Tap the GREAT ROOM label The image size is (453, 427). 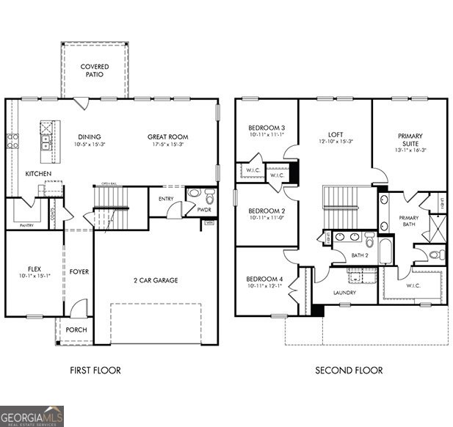pos(167,136)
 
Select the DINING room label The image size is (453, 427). pos(90,136)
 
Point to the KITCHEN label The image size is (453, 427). pos(38,174)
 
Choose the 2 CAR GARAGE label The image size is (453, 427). pos(156,280)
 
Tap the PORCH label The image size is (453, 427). pos(76,330)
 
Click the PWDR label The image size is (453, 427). pos(204,210)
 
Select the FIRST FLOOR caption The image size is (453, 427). pos(95,371)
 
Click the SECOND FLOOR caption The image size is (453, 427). pos(349,371)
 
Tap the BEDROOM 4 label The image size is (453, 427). pos(263,279)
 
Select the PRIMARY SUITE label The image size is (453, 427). pos(410,139)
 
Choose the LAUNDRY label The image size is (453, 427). pos(344,293)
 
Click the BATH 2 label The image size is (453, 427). pos(360,255)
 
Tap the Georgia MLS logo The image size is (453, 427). pos(32,415)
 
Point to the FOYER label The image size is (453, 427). pos(79,272)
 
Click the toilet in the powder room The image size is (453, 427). pos(210,197)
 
